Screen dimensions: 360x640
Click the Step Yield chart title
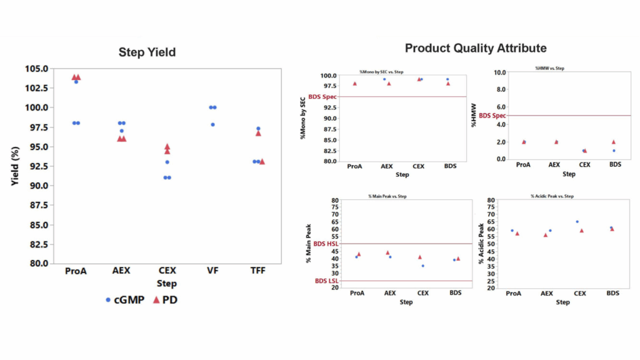point(147,52)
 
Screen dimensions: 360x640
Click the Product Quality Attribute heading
point(476,48)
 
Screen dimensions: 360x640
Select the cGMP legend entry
point(125,299)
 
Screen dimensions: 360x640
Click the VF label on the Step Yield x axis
point(212,271)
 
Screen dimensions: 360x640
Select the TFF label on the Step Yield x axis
point(258,271)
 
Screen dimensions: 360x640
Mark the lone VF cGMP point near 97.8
point(212,124)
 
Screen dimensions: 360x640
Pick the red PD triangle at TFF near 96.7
point(258,133)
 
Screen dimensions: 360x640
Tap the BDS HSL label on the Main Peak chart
point(325,244)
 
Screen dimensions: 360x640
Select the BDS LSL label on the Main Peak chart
point(326,281)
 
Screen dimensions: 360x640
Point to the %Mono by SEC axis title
point(303,117)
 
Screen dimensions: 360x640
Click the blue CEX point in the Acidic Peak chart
point(577,221)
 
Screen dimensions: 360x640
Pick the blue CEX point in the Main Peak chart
point(422,266)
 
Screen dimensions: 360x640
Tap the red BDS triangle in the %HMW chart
point(614,142)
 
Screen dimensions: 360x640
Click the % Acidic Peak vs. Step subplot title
point(552,196)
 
